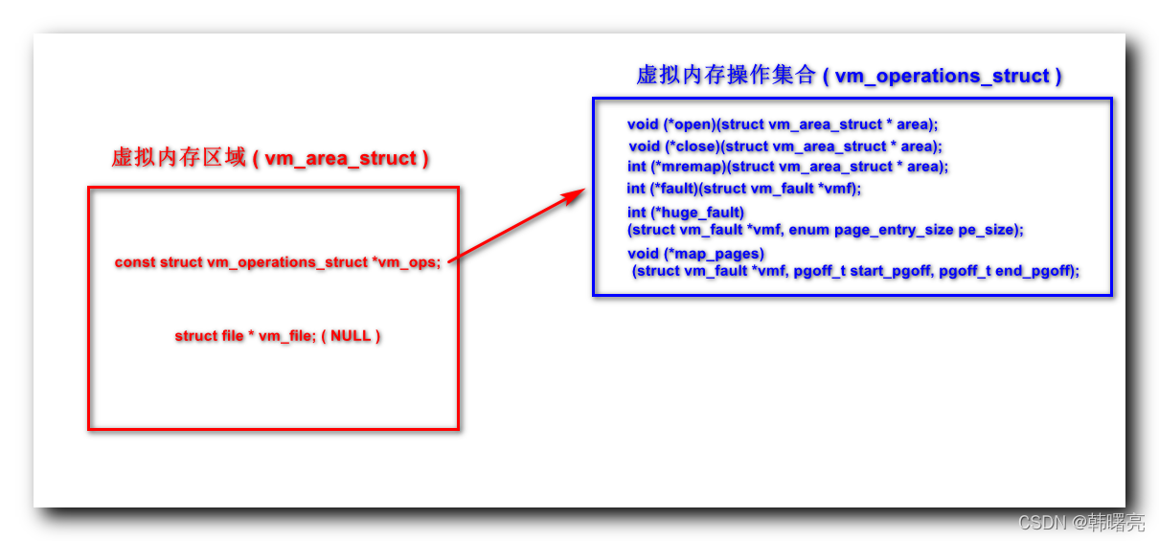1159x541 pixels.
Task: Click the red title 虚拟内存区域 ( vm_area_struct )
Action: pos(270,158)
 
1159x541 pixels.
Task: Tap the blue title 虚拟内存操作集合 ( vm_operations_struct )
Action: pos(849,76)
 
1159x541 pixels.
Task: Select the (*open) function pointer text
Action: pos(690,124)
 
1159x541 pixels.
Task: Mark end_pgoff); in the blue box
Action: pos(1037,271)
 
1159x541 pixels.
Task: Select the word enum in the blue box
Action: pos(808,230)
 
